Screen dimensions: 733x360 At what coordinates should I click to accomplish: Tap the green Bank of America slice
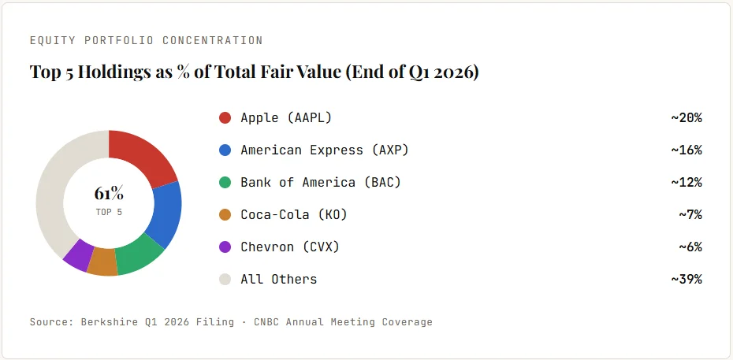(x=139, y=256)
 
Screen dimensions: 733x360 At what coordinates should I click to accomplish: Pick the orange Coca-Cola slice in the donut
(x=102, y=262)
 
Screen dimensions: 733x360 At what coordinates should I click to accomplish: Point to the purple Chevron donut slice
(x=77, y=254)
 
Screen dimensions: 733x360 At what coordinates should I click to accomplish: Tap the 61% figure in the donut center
(x=109, y=193)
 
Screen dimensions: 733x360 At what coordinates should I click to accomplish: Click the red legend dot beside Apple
(x=225, y=117)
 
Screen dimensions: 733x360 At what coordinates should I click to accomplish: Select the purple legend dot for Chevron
(x=225, y=247)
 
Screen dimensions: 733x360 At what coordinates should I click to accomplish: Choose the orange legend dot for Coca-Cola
(x=225, y=215)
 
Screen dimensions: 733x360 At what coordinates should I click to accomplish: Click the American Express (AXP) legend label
(x=325, y=150)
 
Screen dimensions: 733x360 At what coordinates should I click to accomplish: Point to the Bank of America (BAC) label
(x=321, y=183)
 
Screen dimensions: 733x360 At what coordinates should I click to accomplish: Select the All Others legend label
(x=278, y=279)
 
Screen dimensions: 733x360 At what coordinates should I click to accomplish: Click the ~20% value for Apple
(x=686, y=117)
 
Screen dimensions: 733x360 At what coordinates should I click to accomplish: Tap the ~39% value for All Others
(x=686, y=279)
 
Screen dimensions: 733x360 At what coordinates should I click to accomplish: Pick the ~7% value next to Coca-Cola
(x=690, y=215)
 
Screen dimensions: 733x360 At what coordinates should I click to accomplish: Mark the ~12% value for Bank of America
(x=686, y=183)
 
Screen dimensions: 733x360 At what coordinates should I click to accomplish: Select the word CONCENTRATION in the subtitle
(x=212, y=41)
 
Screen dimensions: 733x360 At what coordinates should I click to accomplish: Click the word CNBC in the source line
(x=266, y=322)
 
